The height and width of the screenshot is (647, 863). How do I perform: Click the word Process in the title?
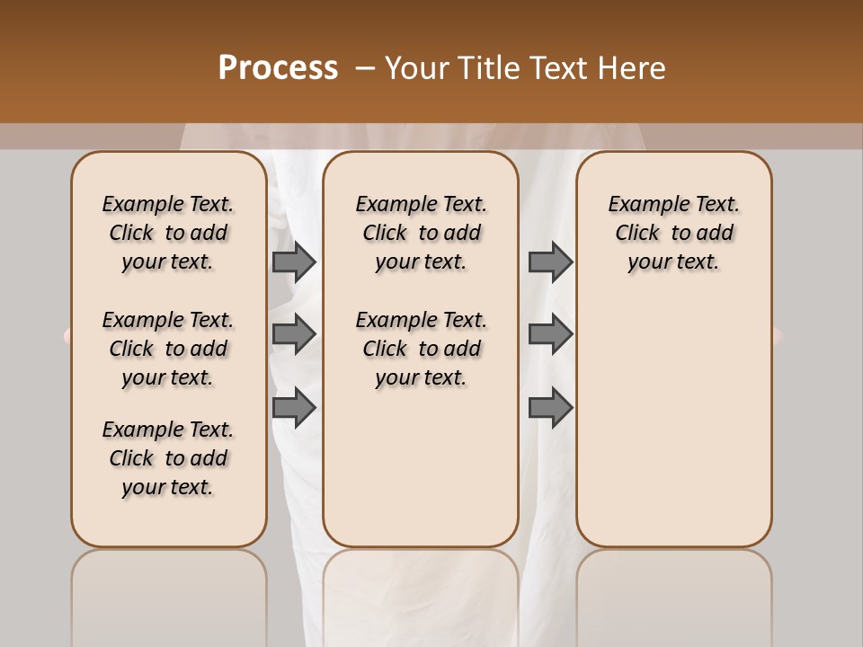tap(278, 68)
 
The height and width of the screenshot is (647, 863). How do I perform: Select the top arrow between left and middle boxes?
tap(294, 261)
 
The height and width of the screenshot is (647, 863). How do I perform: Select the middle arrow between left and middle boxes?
tap(294, 334)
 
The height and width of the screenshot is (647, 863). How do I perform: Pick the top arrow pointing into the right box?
tap(550, 261)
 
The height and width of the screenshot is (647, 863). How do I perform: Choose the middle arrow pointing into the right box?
tap(550, 334)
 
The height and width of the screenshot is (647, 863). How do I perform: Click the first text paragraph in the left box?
tap(168, 233)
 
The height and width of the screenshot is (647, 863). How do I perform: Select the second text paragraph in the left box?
tap(168, 349)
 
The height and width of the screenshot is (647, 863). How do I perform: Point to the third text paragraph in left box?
tap(168, 458)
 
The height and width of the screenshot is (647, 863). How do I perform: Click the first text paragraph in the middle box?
tap(421, 233)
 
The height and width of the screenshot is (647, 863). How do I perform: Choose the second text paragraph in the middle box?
tap(421, 349)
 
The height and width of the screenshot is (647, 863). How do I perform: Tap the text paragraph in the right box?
tap(673, 233)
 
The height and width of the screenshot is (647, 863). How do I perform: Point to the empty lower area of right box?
tap(673, 422)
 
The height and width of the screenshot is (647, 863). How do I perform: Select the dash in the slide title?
tap(364, 68)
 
